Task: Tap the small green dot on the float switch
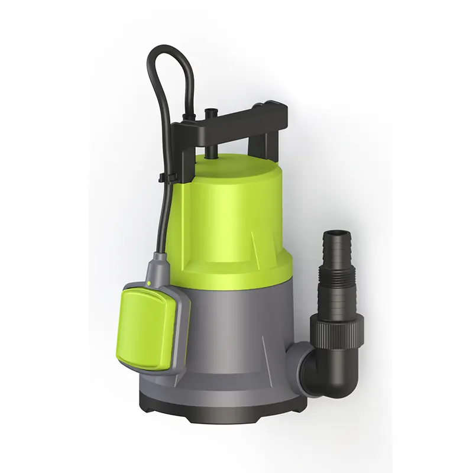tap(149, 285)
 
